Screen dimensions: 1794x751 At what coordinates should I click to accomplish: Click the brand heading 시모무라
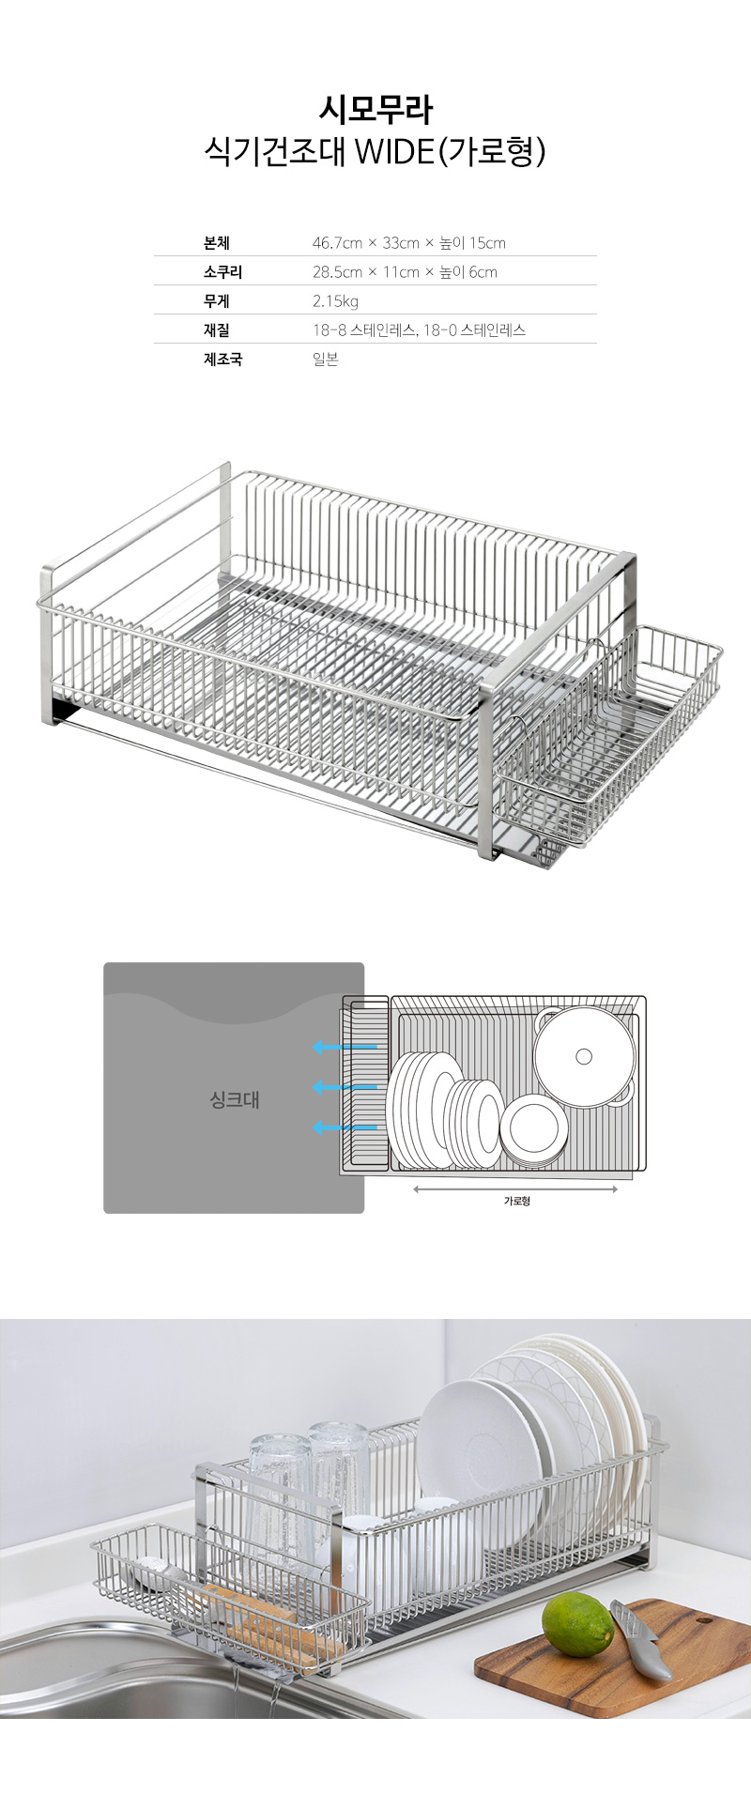[x=375, y=110]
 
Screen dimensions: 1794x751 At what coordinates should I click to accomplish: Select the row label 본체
[x=217, y=243]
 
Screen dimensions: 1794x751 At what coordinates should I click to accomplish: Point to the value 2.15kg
[x=335, y=301]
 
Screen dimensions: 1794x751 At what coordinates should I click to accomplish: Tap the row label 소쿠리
[x=222, y=272]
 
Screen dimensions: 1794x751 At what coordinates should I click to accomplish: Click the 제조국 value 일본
[x=325, y=360]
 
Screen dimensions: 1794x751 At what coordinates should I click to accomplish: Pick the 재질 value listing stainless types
[x=419, y=330]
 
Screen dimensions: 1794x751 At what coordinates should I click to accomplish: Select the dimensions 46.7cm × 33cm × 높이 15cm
[x=408, y=243]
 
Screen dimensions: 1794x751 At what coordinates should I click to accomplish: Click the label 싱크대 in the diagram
[x=234, y=1099]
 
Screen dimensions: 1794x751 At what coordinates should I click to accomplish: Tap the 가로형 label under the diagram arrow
[x=516, y=1201]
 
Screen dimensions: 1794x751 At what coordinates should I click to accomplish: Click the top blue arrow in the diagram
[x=345, y=1046]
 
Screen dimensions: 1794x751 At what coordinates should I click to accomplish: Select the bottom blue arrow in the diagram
[x=345, y=1127]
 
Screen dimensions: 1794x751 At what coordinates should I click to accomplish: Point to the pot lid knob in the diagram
[x=584, y=1057]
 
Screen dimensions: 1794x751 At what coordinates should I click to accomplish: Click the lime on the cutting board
[x=576, y=1624]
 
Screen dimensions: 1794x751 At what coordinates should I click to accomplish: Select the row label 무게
[x=217, y=301]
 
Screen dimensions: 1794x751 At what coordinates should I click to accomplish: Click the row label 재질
[x=217, y=330]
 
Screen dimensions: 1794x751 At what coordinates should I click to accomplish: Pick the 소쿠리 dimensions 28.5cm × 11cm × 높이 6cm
[x=405, y=272]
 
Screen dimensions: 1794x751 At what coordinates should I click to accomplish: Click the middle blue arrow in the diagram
[x=345, y=1087]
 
